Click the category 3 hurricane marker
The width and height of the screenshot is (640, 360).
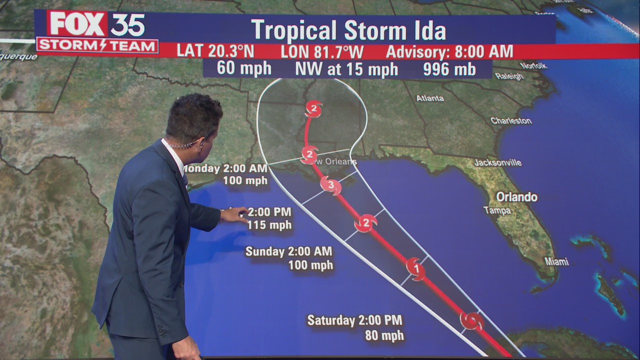click(330, 185)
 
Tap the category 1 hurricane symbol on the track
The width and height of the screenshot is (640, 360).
click(415, 268)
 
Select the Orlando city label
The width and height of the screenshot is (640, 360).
click(516, 196)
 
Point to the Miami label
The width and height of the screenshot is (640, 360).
click(556, 261)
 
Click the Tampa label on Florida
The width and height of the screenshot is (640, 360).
click(497, 210)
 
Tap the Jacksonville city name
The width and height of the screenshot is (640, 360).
click(497, 162)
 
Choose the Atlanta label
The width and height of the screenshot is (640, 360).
click(430, 98)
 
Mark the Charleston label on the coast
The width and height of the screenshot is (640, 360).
click(510, 120)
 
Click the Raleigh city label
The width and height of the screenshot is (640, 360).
click(509, 76)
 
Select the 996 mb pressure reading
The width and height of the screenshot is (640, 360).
click(449, 69)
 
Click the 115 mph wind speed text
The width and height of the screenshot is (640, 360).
click(269, 225)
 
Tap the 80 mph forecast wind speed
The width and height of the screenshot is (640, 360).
click(384, 335)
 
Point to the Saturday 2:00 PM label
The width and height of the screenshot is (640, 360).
click(354, 320)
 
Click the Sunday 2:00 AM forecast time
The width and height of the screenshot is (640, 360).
click(288, 251)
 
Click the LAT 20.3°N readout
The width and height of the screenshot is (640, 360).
click(215, 51)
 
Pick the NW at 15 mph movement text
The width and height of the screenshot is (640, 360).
click(346, 69)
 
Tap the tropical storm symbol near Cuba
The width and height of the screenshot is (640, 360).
click(471, 320)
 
